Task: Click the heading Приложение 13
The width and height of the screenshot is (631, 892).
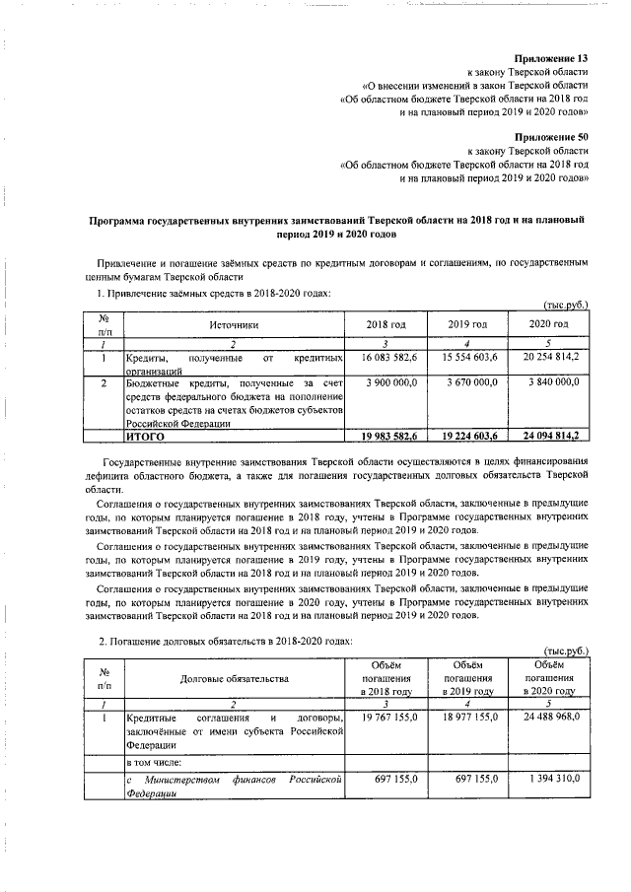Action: coord(552,58)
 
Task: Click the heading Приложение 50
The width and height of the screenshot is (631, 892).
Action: coord(552,136)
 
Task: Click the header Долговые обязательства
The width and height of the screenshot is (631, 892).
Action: coord(234,679)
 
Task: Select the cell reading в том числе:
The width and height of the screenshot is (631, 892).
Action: coord(156,762)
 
